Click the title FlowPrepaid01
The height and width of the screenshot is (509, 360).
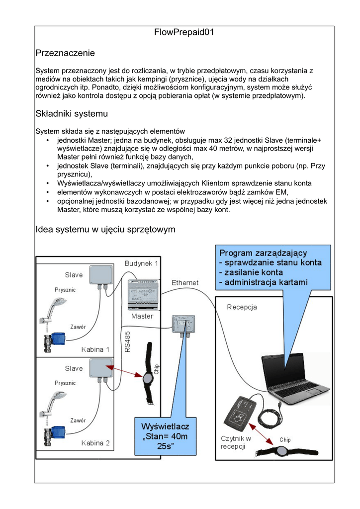click(x=184, y=33)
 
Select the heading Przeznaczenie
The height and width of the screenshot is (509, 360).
click(x=65, y=53)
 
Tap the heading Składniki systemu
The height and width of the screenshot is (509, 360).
click(x=72, y=114)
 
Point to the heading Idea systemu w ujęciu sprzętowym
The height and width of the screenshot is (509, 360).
click(x=105, y=230)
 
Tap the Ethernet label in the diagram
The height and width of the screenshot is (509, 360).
click(x=185, y=283)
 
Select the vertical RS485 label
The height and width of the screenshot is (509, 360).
click(x=128, y=343)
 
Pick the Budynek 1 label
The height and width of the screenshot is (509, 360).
click(x=141, y=263)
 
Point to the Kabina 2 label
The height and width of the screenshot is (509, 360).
click(x=95, y=443)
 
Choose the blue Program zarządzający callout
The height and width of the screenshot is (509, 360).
click(x=272, y=268)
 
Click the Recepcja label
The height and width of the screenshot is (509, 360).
click(x=242, y=307)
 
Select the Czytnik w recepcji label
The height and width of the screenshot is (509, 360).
click(x=236, y=442)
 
